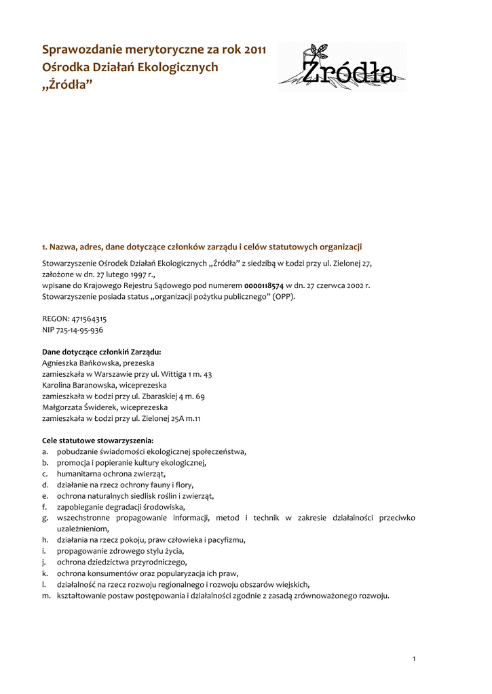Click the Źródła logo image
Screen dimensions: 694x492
342,67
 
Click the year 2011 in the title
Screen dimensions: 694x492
254,49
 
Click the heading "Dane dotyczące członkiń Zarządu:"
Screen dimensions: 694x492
101,352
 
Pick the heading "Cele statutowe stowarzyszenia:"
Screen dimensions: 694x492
97,441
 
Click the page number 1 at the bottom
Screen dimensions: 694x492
414,659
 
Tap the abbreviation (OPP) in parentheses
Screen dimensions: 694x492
284,297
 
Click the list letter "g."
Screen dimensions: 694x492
45,518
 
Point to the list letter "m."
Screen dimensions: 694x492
46,596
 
